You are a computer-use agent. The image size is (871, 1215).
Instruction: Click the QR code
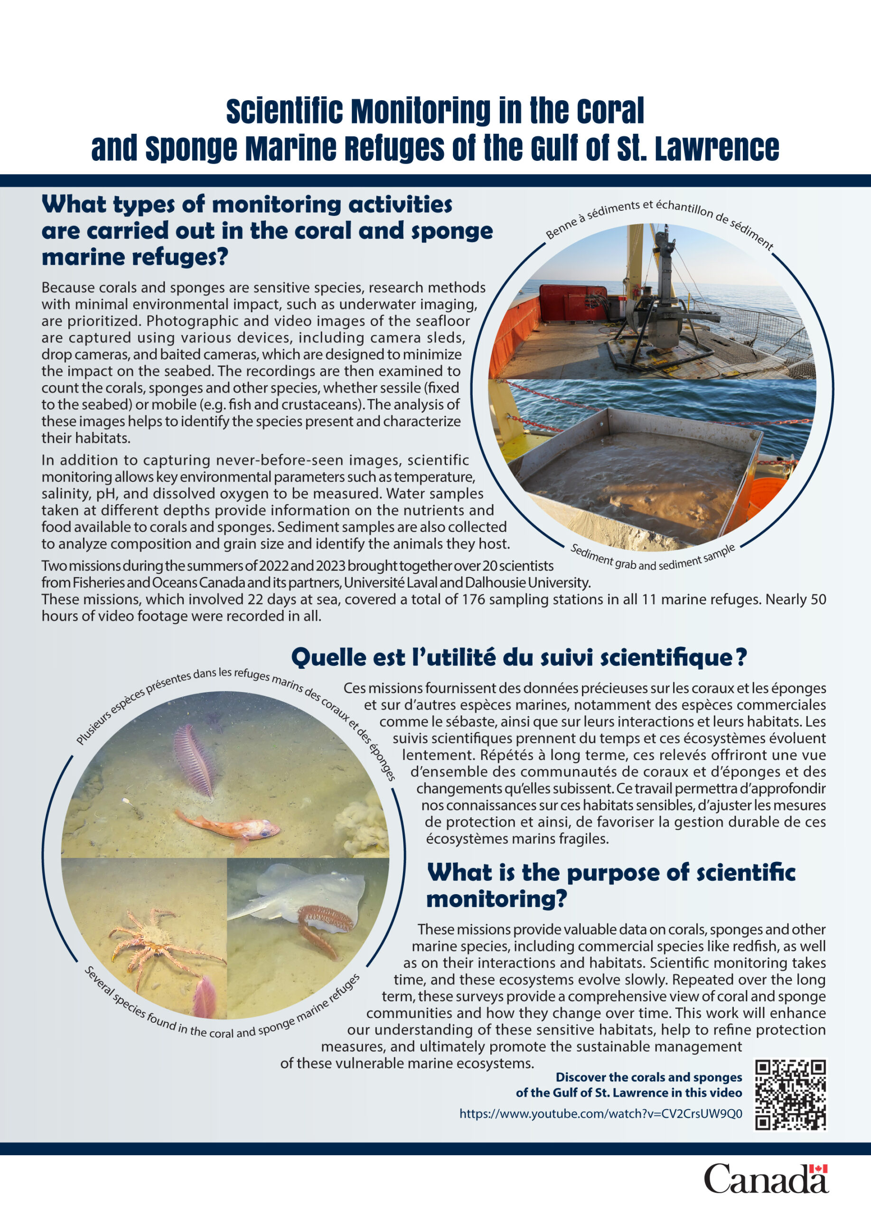[790, 1094]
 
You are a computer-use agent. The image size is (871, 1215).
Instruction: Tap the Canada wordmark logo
[766, 1178]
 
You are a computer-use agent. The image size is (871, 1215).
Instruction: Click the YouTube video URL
[600, 1114]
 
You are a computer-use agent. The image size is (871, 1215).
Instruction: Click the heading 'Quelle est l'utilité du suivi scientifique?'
[518, 657]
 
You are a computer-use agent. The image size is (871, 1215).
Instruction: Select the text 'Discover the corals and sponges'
[649, 1077]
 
